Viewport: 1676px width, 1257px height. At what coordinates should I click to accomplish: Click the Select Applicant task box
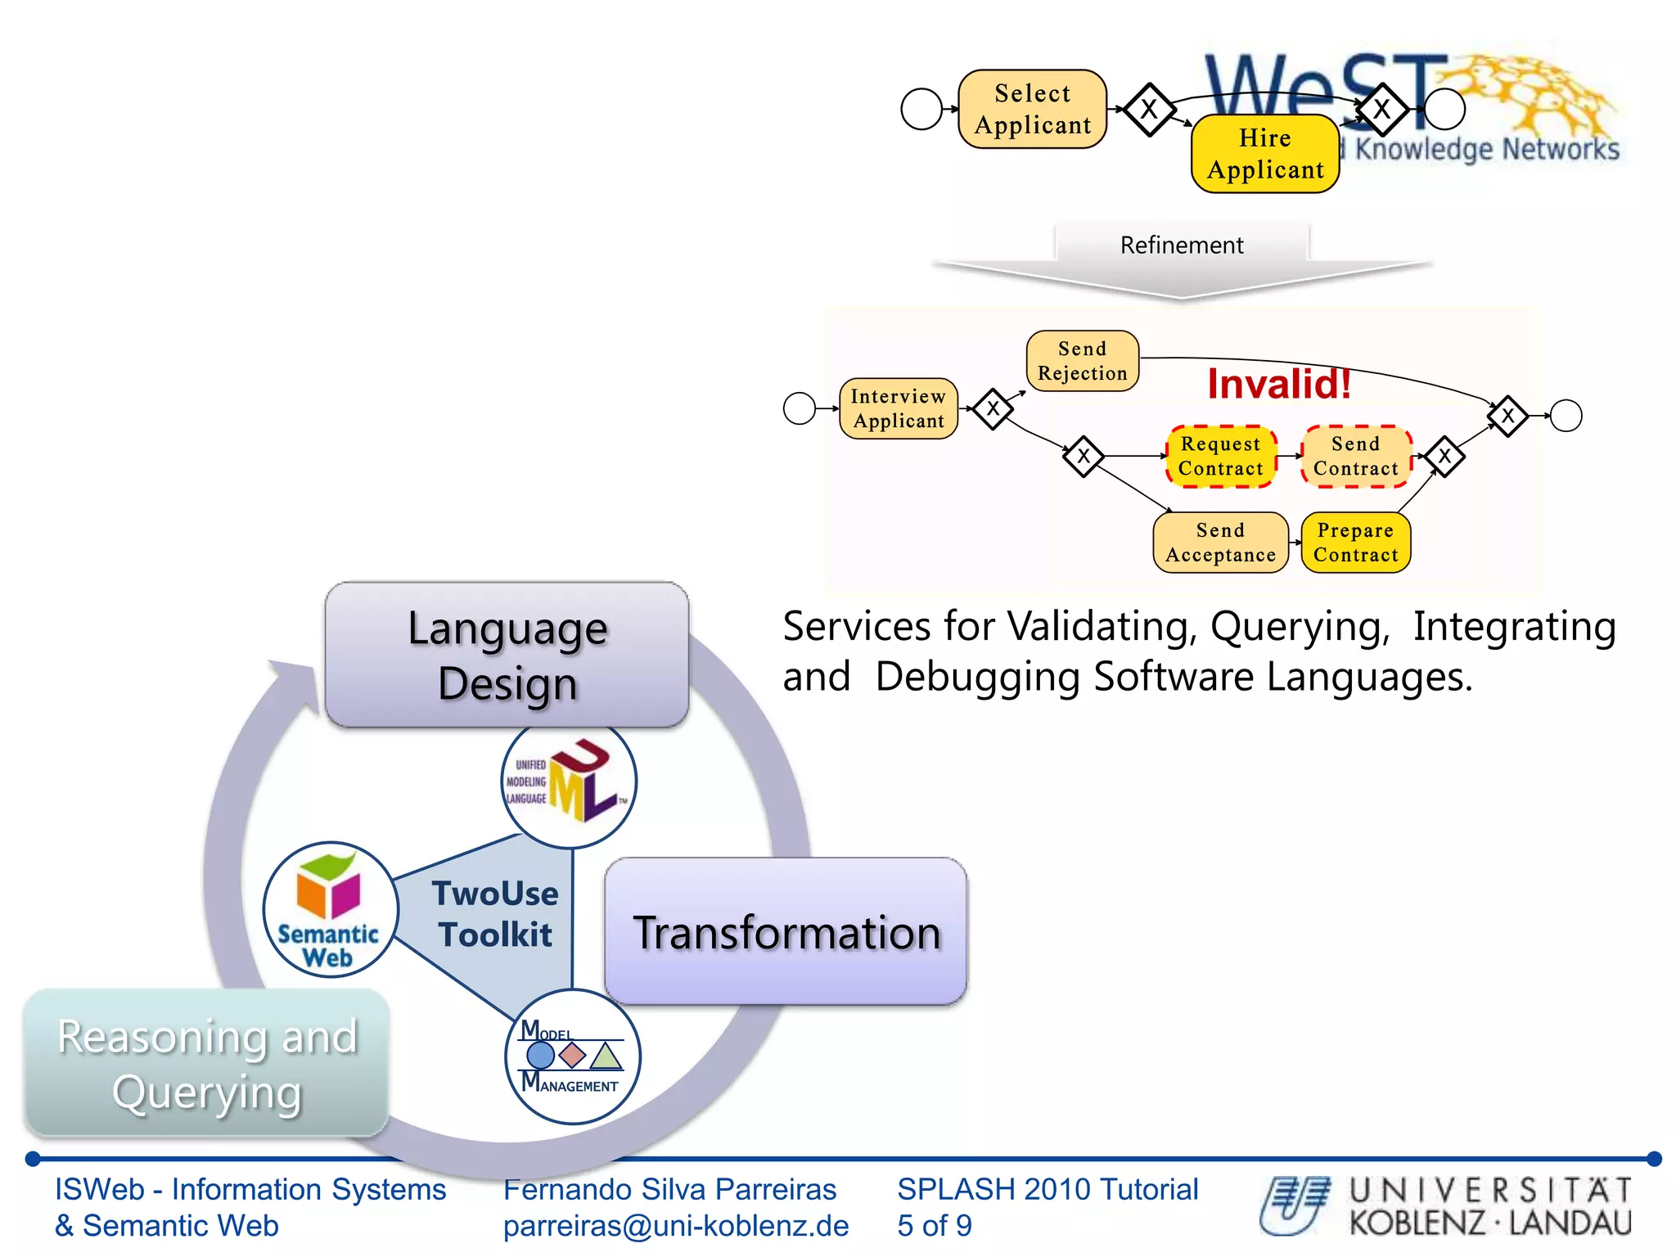pyautogui.click(x=1032, y=109)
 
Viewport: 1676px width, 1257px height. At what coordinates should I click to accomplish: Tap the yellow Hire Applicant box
pyautogui.click(x=1264, y=154)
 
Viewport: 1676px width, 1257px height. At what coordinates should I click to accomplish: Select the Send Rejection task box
pyautogui.click(x=1082, y=361)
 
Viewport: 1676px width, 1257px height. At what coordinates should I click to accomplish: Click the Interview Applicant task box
pyautogui.click(x=898, y=408)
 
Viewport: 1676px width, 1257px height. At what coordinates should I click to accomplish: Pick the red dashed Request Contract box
pyautogui.click(x=1220, y=457)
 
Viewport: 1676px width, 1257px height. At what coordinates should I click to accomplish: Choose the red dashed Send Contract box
pyautogui.click(x=1355, y=457)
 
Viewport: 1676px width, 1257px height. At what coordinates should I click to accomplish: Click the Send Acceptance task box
pyautogui.click(x=1220, y=543)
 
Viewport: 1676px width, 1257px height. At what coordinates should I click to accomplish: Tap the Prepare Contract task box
pyautogui.click(x=1355, y=543)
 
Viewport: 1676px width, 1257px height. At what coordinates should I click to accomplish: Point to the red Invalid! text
pyautogui.click(x=1278, y=384)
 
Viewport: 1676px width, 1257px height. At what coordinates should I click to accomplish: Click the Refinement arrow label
pyautogui.click(x=1181, y=246)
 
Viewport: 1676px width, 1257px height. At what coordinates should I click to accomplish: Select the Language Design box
pyautogui.click(x=507, y=655)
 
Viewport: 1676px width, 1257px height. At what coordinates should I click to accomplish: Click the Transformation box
pyautogui.click(x=786, y=932)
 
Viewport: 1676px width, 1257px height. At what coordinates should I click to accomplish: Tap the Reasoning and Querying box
pyautogui.click(x=207, y=1063)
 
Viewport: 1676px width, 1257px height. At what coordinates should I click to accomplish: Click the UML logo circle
pyautogui.click(x=569, y=782)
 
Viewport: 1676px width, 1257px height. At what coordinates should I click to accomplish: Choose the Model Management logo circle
pyautogui.click(x=572, y=1057)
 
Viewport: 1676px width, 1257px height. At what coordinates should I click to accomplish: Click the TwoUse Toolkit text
pyautogui.click(x=494, y=913)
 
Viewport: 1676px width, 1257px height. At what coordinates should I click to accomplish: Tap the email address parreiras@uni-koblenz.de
pyautogui.click(x=676, y=1226)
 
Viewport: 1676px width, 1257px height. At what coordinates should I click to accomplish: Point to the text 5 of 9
pyautogui.click(x=934, y=1226)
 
